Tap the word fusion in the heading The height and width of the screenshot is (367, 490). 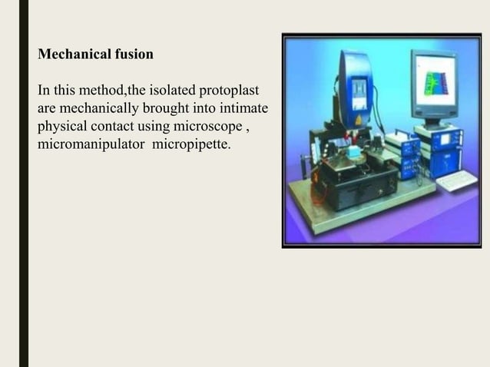pos(132,55)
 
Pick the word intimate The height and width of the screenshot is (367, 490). pos(243,108)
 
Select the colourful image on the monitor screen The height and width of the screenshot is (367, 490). pos(435,79)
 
